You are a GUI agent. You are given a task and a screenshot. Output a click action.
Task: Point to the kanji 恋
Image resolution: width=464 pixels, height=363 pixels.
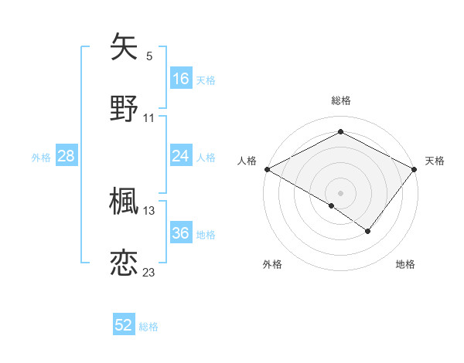[x=125, y=262]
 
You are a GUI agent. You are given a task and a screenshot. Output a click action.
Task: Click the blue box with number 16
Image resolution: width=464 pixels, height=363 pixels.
[x=181, y=78]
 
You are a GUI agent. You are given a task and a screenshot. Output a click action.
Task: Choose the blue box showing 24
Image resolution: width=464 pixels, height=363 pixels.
[x=181, y=156]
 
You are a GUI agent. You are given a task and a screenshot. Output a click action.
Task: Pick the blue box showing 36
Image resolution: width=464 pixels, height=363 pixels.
[x=181, y=233]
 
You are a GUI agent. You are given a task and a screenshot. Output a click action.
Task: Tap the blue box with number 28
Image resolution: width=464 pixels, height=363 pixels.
[x=67, y=156]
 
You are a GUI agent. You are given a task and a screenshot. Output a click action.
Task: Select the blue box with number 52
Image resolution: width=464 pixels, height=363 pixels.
[x=124, y=325]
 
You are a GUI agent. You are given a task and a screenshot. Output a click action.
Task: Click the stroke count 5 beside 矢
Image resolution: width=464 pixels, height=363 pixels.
[x=149, y=56]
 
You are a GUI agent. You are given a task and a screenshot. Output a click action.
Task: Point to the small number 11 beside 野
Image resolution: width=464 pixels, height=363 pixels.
[x=149, y=118]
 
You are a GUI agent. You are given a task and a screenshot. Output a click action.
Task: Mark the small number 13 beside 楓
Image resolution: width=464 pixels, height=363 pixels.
[x=149, y=211]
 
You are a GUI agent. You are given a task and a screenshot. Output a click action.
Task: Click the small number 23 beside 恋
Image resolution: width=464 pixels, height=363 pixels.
[x=149, y=273]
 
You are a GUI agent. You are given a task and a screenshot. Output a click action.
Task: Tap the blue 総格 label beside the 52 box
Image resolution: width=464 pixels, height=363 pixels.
[x=149, y=327]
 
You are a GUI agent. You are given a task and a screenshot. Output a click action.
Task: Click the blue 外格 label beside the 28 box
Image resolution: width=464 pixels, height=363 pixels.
[x=41, y=157]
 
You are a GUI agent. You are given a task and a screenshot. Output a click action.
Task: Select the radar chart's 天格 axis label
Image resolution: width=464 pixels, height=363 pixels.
[x=435, y=161]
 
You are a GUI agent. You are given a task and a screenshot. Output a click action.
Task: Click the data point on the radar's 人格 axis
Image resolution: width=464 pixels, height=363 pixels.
[x=266, y=168]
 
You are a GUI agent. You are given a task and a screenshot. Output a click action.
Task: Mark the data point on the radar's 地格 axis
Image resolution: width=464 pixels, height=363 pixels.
[x=368, y=231]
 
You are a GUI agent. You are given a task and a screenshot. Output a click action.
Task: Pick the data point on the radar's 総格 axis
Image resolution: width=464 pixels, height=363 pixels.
[x=340, y=132]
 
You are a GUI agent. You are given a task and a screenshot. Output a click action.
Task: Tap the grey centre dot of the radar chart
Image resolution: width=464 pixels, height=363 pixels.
[x=340, y=192]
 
